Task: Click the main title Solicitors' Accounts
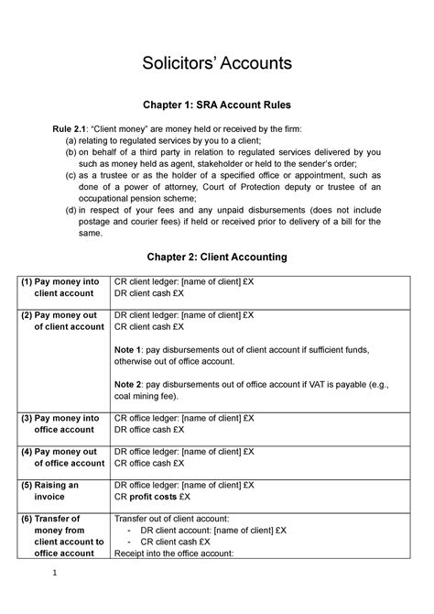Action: (x=216, y=63)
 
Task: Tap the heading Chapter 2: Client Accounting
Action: (x=216, y=257)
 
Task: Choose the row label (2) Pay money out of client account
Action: (x=62, y=320)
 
